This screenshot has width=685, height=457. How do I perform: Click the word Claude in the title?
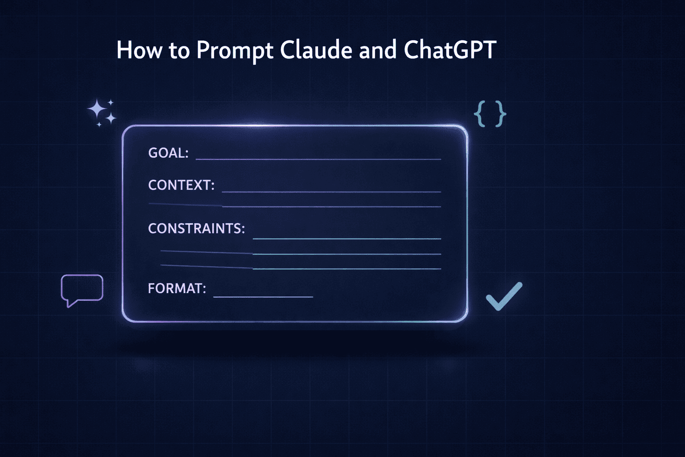coord(316,50)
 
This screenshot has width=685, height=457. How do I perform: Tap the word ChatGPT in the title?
coord(450,50)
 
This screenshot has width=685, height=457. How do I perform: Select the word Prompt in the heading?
coord(235,50)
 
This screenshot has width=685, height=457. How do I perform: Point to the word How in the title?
coord(139,50)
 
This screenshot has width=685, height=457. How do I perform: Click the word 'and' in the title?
coord(378,50)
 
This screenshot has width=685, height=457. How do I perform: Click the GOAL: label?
coord(168,153)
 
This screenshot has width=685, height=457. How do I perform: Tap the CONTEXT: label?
coord(181,185)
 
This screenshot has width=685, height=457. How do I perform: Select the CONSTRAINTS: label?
coord(196,228)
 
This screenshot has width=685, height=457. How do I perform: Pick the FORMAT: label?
coord(177,288)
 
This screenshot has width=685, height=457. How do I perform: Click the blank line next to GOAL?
coord(318,159)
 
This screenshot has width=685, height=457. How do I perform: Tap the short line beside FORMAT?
coord(263,297)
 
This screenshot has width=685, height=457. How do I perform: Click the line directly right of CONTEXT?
coord(331,192)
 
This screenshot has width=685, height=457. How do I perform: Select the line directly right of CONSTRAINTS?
coord(347,239)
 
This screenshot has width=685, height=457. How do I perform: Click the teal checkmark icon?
coord(503,296)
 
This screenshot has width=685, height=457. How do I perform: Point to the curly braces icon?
coord(490,114)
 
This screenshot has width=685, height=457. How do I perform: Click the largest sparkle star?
coord(96,109)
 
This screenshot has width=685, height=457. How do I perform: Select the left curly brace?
coord(479,114)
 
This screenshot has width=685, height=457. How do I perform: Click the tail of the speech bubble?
coord(69,303)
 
